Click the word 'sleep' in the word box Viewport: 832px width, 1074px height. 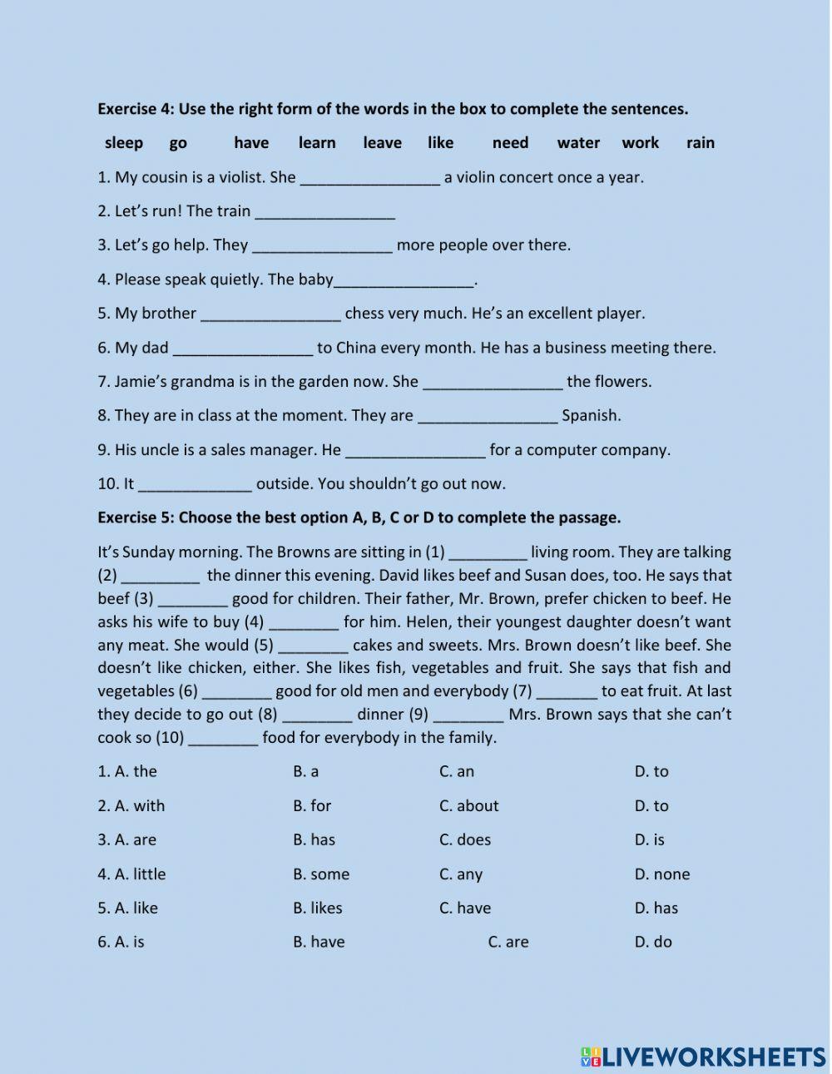click(x=123, y=143)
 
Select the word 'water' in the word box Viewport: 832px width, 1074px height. click(x=578, y=143)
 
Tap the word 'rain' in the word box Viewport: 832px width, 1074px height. click(x=700, y=143)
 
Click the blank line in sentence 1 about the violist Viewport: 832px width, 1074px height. click(x=369, y=178)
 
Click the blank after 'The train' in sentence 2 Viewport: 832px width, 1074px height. click(x=324, y=212)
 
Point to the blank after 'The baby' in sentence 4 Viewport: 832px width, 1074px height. click(x=404, y=280)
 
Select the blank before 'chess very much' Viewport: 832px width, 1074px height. click(x=271, y=314)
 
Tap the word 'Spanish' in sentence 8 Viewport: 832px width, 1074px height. click(x=591, y=415)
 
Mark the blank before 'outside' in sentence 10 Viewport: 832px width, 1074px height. click(x=195, y=485)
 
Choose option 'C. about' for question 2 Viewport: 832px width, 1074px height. click(x=468, y=805)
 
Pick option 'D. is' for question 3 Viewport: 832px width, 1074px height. click(x=649, y=839)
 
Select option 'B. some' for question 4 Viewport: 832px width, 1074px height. click(x=321, y=874)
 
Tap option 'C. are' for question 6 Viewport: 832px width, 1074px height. click(x=508, y=943)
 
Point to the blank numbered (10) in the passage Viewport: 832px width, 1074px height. click(x=223, y=739)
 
